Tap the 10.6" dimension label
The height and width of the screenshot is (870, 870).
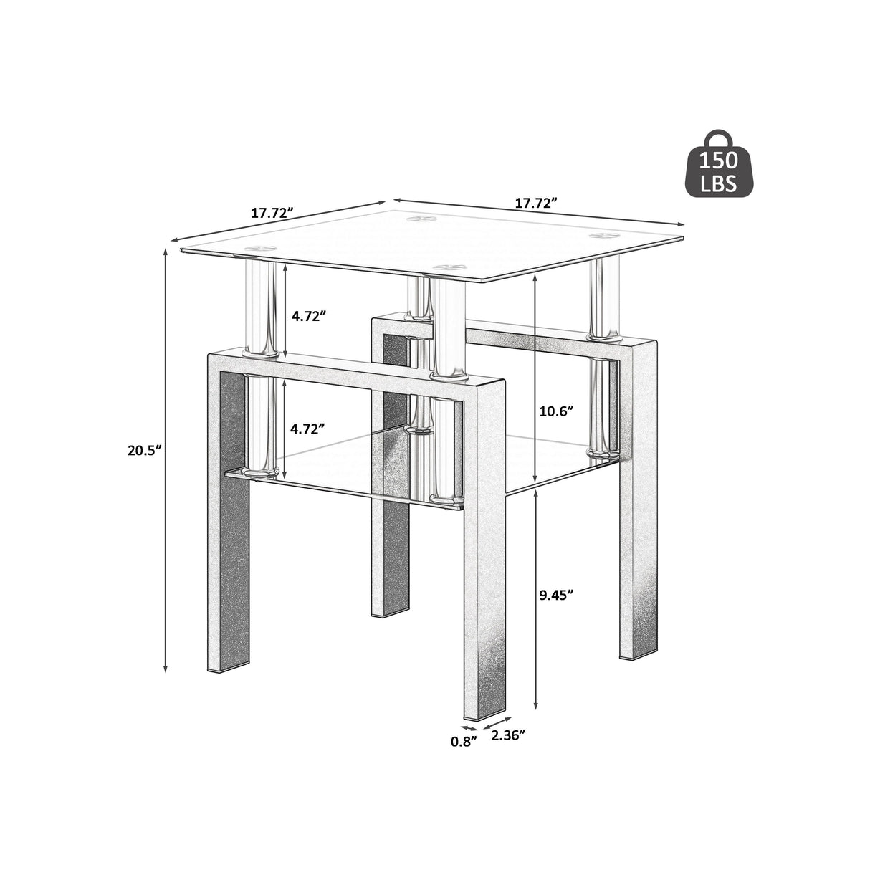tap(556, 411)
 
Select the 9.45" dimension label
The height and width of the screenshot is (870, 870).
tap(556, 595)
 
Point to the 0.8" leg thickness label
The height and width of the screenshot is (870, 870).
tap(464, 742)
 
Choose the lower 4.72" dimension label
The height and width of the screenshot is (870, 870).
tap(308, 429)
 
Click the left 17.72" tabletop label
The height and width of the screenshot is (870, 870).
tap(272, 213)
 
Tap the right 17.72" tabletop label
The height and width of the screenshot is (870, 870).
tap(536, 203)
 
